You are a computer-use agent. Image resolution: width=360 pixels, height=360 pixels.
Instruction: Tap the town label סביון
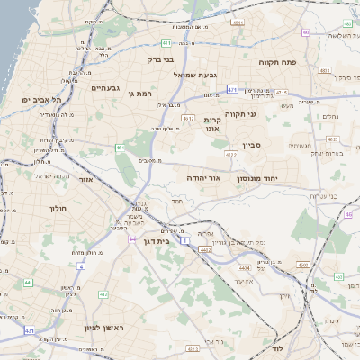click(252, 145)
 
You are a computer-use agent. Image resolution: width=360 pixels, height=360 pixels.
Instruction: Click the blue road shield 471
click(232, 90)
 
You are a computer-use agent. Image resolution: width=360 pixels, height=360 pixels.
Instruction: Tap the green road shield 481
click(167, 42)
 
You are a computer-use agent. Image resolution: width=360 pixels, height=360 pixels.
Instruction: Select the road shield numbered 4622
click(231, 155)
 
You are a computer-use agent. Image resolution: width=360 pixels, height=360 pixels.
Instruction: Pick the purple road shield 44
click(132, 239)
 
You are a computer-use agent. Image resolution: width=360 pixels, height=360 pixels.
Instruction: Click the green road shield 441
click(29, 283)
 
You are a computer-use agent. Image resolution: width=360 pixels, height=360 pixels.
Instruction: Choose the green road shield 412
click(103, 294)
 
